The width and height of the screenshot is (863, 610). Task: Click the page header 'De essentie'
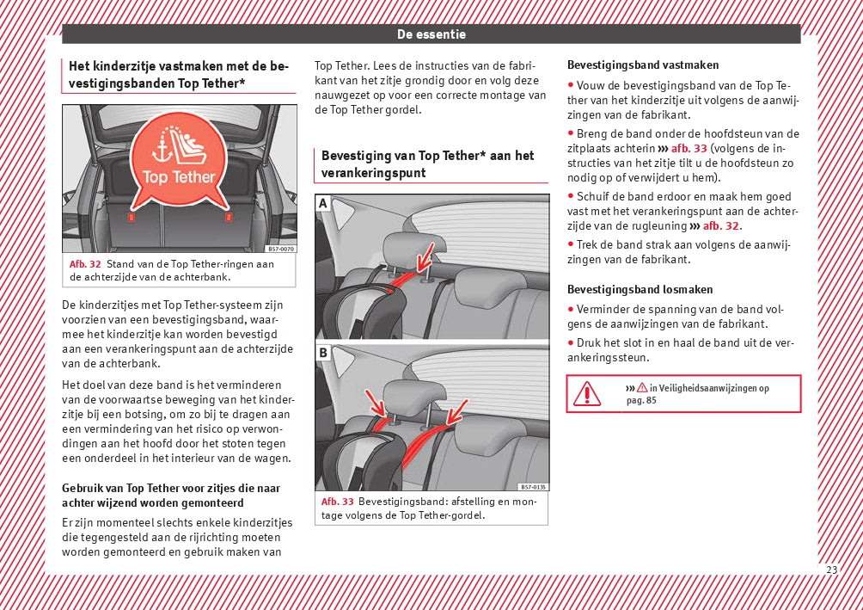click(431, 34)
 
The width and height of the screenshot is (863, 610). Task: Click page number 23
click(831, 570)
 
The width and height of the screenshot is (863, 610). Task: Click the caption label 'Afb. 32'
click(85, 264)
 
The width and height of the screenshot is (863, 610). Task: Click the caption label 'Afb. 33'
click(337, 502)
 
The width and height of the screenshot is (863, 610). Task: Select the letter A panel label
click(323, 203)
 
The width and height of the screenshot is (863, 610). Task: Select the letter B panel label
click(323, 353)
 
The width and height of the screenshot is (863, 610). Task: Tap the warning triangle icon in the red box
click(587, 394)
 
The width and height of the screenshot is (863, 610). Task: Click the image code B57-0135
click(533, 487)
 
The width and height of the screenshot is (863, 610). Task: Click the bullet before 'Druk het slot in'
click(571, 343)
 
